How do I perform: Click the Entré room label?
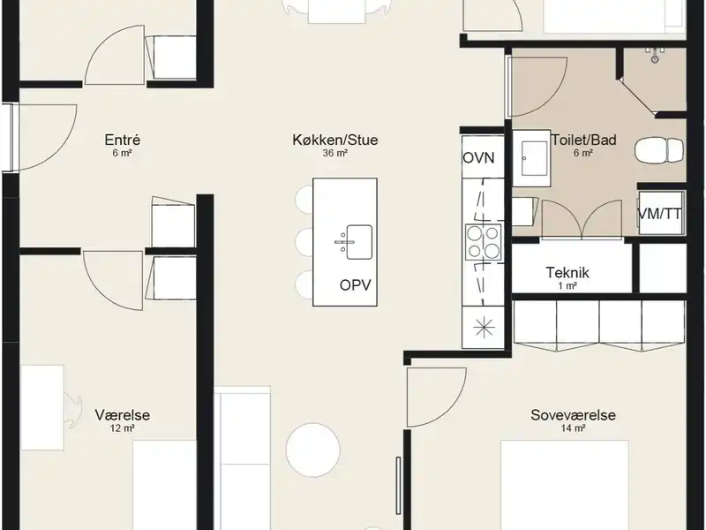pyautogui.click(x=123, y=140)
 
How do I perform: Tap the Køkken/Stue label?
pyautogui.click(x=335, y=140)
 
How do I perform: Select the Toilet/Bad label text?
pyautogui.click(x=584, y=140)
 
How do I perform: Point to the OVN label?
pyautogui.click(x=478, y=158)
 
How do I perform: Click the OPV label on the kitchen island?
pyautogui.click(x=356, y=285)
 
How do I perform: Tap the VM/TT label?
pyautogui.click(x=660, y=214)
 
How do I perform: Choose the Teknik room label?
pyautogui.click(x=567, y=273)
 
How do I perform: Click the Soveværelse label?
pyautogui.click(x=573, y=414)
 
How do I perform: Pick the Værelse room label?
pyautogui.click(x=123, y=414)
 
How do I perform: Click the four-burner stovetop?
pyautogui.click(x=484, y=242)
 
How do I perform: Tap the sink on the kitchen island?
pyautogui.click(x=359, y=242)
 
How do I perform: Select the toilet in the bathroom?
pyautogui.click(x=659, y=148)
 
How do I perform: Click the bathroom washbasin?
pyautogui.click(x=531, y=159)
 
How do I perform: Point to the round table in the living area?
pyautogui.click(x=313, y=450)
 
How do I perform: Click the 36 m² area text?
pyautogui.click(x=335, y=153)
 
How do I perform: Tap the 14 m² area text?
pyautogui.click(x=573, y=428)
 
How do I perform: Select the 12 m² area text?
pyautogui.click(x=123, y=428)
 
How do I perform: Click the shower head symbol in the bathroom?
pyautogui.click(x=654, y=55)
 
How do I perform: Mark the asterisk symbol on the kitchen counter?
pyautogui.click(x=484, y=327)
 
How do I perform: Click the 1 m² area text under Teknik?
pyautogui.click(x=567, y=285)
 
